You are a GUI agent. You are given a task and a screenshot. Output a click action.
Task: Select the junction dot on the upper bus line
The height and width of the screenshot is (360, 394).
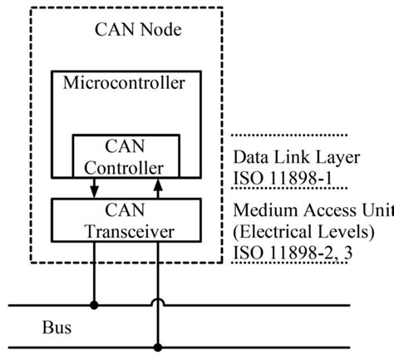click(93, 305)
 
